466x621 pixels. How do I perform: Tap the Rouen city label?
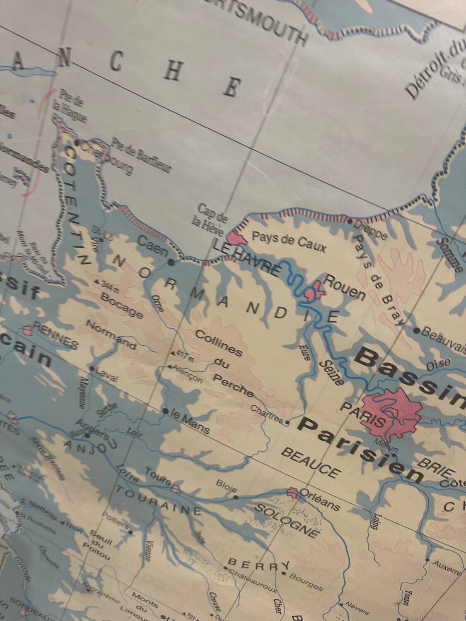[344, 287]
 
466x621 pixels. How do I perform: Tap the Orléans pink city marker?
[292, 493]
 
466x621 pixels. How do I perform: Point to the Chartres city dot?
[288, 423]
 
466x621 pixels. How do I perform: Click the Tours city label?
[158, 476]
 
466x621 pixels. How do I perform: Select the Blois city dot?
[236, 497]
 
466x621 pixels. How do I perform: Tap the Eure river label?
[304, 352]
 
